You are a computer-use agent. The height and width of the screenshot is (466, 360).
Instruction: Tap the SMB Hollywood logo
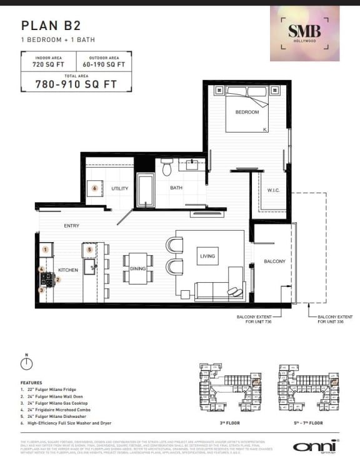tap(304, 33)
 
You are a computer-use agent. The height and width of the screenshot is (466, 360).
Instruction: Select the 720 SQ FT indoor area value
tap(48, 64)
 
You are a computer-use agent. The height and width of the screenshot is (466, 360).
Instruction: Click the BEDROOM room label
tap(247, 113)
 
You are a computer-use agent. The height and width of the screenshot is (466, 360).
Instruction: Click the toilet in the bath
tap(167, 168)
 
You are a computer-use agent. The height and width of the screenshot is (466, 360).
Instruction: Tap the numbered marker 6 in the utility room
tap(94, 187)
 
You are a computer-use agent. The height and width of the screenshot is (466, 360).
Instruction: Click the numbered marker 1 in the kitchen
tap(45, 250)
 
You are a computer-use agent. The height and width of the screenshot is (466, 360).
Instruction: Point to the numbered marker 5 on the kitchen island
tap(89, 249)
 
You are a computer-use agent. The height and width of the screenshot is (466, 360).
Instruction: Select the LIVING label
tap(207, 256)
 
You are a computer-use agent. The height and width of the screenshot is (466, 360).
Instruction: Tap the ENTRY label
tap(72, 226)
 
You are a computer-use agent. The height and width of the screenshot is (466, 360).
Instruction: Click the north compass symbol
tap(26, 364)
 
